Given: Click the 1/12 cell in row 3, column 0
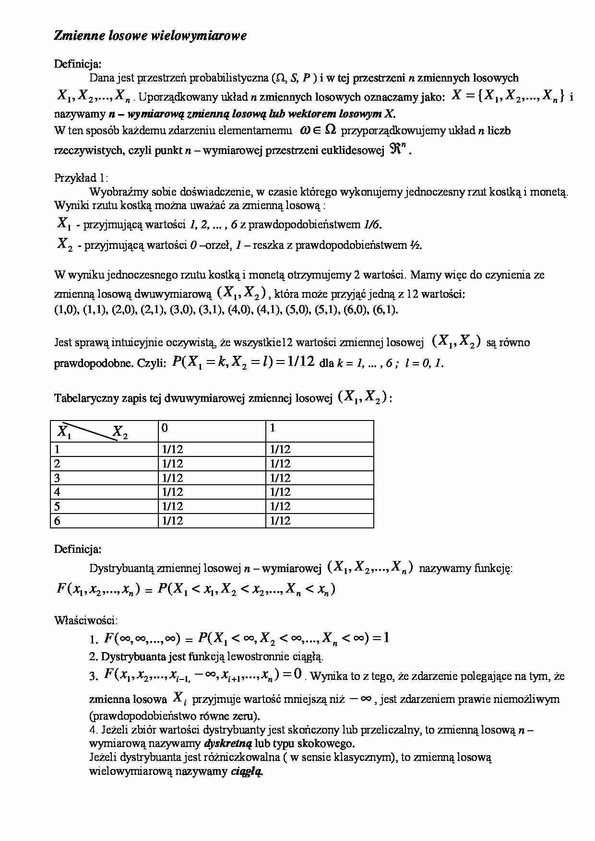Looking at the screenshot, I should pyautogui.click(x=173, y=478).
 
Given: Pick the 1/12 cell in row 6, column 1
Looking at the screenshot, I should pyautogui.click(x=280, y=521).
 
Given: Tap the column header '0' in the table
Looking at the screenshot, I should pyautogui.click(x=165, y=428).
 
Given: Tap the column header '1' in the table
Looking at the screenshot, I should pyautogui.click(x=273, y=428).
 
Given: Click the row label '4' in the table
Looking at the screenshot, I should pyautogui.click(x=58, y=492).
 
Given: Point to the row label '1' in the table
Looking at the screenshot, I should pyautogui.click(x=58, y=449).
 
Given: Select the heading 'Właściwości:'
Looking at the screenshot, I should pyautogui.click(x=85, y=620).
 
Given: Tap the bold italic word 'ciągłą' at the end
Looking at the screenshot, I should pyautogui.click(x=247, y=771).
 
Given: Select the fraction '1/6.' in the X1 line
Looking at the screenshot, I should pyautogui.click(x=373, y=224).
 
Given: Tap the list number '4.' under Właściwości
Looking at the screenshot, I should pyautogui.click(x=94, y=730).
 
